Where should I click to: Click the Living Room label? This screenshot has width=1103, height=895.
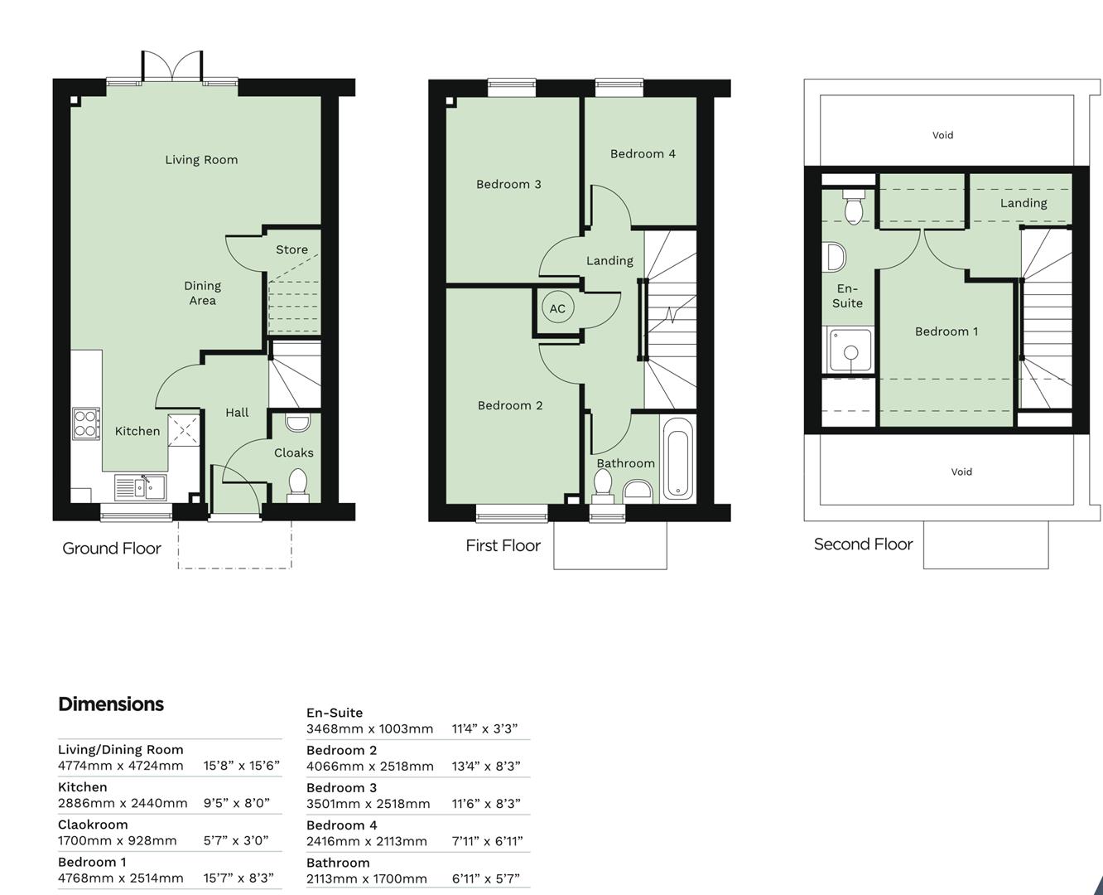[201, 160]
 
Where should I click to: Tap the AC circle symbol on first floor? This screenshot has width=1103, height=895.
[557, 308]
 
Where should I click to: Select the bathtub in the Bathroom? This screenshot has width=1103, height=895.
[677, 458]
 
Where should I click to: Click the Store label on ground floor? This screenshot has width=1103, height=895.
[291, 249]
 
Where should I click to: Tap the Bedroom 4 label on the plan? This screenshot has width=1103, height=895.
[643, 153]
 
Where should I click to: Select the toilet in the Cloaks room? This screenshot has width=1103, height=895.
[297, 483]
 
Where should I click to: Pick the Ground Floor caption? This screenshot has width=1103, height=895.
[112, 549]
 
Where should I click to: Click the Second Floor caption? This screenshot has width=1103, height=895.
[863, 544]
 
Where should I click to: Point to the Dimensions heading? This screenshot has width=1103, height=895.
[111, 704]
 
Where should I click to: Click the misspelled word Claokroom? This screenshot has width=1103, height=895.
[93, 825]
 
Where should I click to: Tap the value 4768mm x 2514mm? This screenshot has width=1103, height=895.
[121, 878]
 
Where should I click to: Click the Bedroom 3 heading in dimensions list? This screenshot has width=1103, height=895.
[341, 787]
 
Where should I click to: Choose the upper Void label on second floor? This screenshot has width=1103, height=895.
[942, 135]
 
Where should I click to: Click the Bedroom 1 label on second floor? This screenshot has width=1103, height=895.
[946, 331]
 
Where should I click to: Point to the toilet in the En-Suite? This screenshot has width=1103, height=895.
[852, 206]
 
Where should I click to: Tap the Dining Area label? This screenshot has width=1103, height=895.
[202, 293]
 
